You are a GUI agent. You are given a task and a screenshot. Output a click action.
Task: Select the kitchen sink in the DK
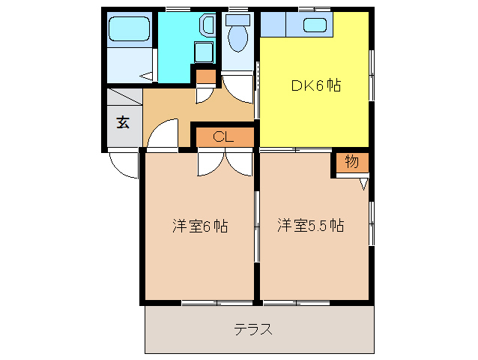coord(315,25)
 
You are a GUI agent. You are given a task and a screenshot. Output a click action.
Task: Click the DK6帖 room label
coord(315,85)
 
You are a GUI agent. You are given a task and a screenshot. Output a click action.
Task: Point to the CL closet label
coord(223,136)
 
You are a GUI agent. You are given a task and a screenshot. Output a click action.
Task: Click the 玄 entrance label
coord(122,122)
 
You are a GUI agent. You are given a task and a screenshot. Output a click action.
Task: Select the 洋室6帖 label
coord(199,225)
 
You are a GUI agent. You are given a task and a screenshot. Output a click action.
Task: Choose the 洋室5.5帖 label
coord(310,225)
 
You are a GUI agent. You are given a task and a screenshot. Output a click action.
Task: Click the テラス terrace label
coord(252,329)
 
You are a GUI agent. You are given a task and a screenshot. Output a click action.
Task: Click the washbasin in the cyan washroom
coord(206,26)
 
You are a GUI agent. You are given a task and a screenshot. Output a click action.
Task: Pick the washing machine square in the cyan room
coord(203,52)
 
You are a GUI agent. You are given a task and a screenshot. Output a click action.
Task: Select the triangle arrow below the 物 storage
coord(364,182)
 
